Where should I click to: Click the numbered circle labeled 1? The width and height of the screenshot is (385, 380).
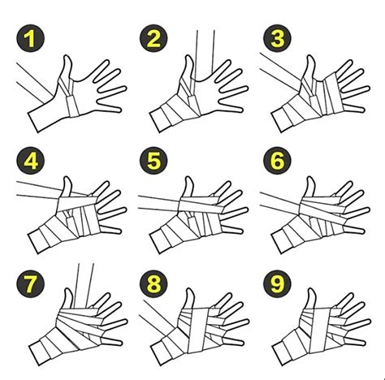pyautogui.click(x=30, y=38)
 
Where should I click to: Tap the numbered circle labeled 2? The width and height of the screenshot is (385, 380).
pyautogui.click(x=154, y=38)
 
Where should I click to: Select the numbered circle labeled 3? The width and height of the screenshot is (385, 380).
pyautogui.click(x=277, y=38)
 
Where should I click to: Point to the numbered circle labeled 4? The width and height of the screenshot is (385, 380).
pyautogui.click(x=30, y=161)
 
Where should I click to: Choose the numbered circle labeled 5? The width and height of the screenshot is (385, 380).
pyautogui.click(x=154, y=161)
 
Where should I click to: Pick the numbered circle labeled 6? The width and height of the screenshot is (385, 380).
pyautogui.click(x=277, y=161)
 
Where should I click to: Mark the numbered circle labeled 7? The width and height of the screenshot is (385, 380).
pyautogui.click(x=30, y=283)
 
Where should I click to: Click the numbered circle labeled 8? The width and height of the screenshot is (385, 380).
pyautogui.click(x=154, y=283)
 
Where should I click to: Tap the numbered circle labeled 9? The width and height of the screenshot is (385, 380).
pyautogui.click(x=277, y=283)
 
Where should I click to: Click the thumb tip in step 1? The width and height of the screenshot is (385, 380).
pyautogui.click(x=67, y=56)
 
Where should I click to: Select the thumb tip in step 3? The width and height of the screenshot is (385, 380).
pyautogui.click(x=311, y=56)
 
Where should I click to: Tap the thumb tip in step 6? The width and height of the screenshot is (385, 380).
pyautogui.click(x=311, y=178)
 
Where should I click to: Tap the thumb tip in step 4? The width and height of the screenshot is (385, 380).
pyautogui.click(x=67, y=178)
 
